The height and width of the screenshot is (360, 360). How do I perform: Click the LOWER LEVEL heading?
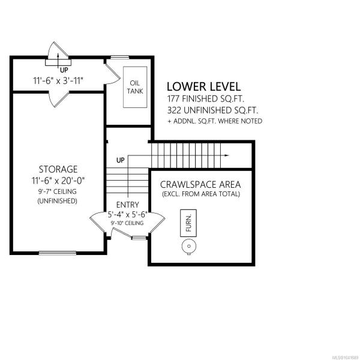click(203, 87)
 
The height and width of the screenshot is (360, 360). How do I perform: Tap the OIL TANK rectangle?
click(135, 87)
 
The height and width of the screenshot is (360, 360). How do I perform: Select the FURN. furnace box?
click(188, 223)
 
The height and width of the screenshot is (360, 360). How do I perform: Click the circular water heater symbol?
click(189, 247)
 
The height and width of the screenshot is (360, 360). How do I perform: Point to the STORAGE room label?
click(58, 169)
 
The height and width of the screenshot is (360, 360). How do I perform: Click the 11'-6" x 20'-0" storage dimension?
click(58, 181)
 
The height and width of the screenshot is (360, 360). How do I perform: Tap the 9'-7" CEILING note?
click(58, 191)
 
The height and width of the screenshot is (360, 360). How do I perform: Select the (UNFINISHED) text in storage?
click(58, 201)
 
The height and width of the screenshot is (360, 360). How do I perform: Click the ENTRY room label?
click(128, 205)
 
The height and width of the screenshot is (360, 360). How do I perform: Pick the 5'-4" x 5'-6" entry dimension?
click(127, 215)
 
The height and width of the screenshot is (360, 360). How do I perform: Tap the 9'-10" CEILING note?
click(127, 223)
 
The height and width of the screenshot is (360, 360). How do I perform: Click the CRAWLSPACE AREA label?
click(200, 185)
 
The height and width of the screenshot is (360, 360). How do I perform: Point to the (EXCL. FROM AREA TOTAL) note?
click(201, 194)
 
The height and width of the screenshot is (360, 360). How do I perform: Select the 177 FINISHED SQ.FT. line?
click(205, 99)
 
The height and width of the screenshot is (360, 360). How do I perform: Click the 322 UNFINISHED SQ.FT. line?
click(212, 110)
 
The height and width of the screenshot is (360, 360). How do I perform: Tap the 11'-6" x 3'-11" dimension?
click(58, 81)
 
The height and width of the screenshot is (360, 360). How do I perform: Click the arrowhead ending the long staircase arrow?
click(227, 155)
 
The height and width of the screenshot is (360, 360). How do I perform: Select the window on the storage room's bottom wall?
click(58, 253)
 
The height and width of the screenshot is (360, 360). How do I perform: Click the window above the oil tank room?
click(120, 57)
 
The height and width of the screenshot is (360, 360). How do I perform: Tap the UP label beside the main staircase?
click(121, 160)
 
